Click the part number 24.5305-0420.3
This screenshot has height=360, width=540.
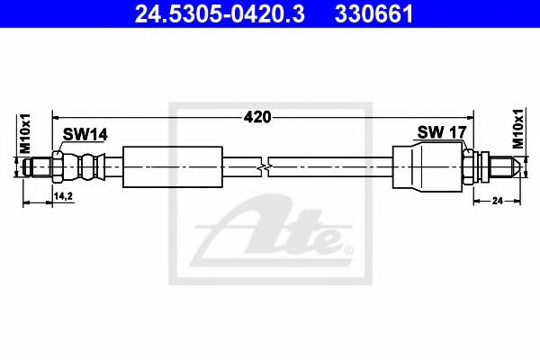pyautogui.click(x=220, y=13)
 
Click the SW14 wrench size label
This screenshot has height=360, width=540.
pyautogui.click(x=85, y=134)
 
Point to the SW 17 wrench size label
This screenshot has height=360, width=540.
pyautogui.click(x=440, y=132)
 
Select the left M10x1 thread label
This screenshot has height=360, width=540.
pyautogui.click(x=25, y=134)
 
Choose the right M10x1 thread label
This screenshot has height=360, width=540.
pyautogui.click(x=518, y=130)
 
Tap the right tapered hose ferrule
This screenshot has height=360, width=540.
pyautogui.click(x=427, y=166)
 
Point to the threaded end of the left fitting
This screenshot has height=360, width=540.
pyautogui.click(x=40, y=166)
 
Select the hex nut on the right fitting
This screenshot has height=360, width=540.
pyautogui.click(x=469, y=166)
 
